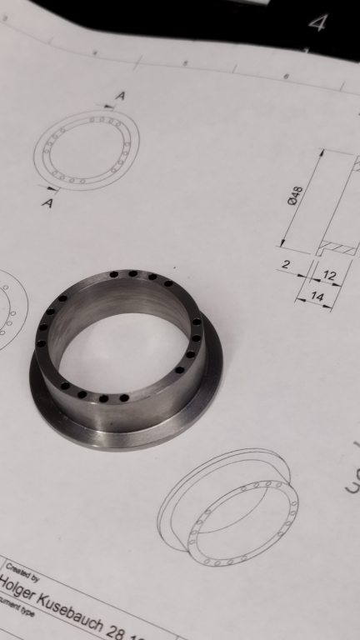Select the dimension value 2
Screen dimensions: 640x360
coord(286,265)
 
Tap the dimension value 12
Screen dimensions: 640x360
coord(329,275)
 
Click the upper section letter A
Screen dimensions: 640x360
coord(120,97)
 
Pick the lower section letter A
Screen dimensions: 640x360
coord(47,203)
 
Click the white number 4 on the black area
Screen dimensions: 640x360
coord(317,22)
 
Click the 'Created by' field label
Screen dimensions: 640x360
coord(20,568)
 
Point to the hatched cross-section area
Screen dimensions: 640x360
coord(339,247)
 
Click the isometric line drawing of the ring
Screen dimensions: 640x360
coord(229,508)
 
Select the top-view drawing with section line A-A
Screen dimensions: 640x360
coord(87,150)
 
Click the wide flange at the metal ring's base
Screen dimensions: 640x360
coord(125,433)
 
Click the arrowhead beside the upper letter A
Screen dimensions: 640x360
coord(107,107)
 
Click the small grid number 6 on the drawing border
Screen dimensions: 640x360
coord(286,76)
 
